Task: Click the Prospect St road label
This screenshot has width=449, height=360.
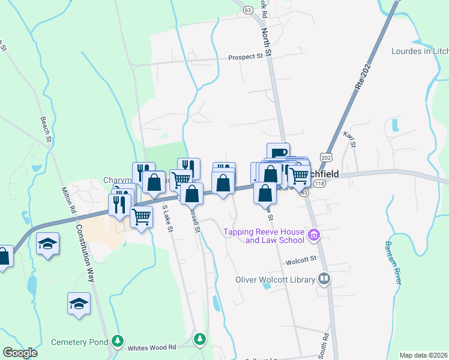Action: pyautogui.click(x=246, y=58)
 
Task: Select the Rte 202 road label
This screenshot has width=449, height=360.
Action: pyautogui.click(x=360, y=77)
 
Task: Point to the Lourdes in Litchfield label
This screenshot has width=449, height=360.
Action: pyautogui.click(x=420, y=52)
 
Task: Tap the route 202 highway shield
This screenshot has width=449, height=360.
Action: pyautogui.click(x=325, y=157)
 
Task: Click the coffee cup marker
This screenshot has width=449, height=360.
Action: pyautogui.click(x=278, y=152)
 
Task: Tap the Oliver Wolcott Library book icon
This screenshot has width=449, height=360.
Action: pyautogui.click(x=324, y=279)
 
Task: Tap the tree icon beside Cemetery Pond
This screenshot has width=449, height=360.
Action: pyautogui.click(x=118, y=342)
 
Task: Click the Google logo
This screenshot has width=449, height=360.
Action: pyautogui.click(x=20, y=352)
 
